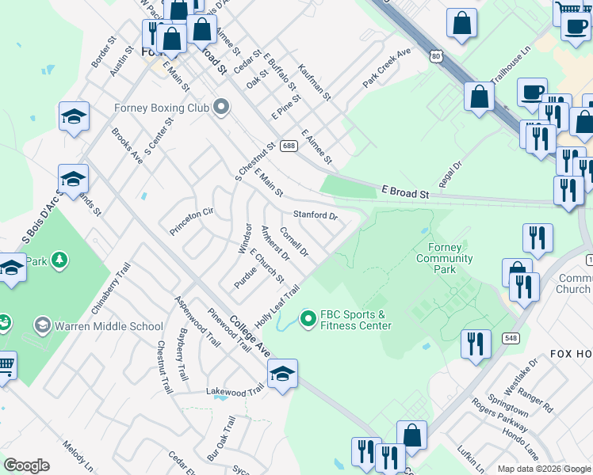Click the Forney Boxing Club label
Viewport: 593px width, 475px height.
[161, 108]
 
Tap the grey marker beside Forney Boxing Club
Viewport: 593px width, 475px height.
[221, 107]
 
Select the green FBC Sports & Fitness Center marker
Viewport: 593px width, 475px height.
[308, 319]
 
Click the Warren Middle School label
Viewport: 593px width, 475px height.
[109, 325]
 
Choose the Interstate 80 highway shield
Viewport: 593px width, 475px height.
[436, 55]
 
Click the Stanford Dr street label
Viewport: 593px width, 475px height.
[316, 215]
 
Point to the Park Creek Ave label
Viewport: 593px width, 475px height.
[388, 68]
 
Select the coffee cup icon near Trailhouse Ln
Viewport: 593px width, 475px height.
[533, 91]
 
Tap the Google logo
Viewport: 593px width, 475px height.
[27, 465]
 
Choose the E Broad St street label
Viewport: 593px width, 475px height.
[404, 192]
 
